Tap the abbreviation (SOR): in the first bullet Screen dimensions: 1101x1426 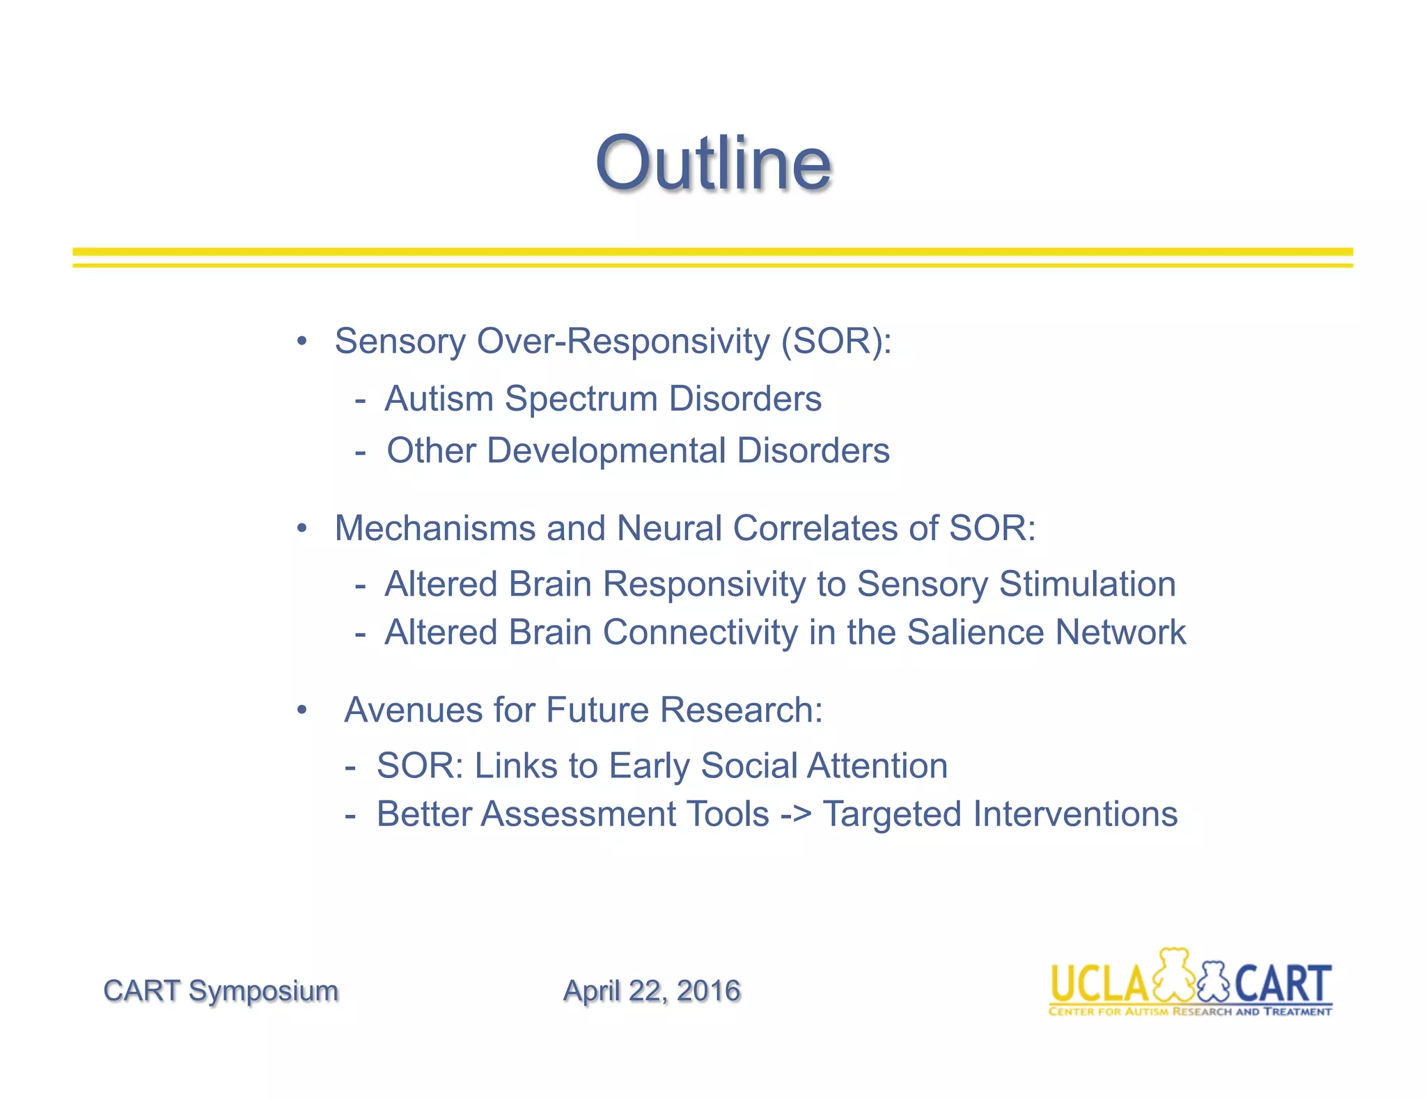click(836, 342)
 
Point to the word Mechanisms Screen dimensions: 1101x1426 click(435, 528)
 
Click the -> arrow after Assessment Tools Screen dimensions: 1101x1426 click(796, 815)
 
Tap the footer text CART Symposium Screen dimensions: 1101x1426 click(221, 990)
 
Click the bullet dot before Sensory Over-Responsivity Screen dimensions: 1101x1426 click(301, 342)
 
